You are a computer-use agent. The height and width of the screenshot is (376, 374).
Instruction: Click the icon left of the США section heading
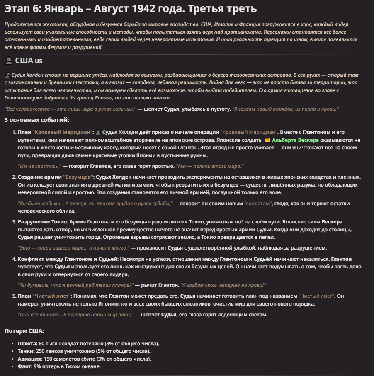(x=9, y=61)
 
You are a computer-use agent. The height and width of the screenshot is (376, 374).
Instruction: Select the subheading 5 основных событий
(x=37, y=120)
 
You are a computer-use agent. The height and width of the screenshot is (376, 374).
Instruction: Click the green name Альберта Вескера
(x=295, y=140)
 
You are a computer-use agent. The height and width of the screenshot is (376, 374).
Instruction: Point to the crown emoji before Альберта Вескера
(x=267, y=140)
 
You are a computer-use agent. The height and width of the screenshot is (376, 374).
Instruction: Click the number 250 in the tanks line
(x=41, y=351)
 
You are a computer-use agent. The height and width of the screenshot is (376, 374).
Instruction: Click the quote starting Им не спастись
(x=40, y=166)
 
